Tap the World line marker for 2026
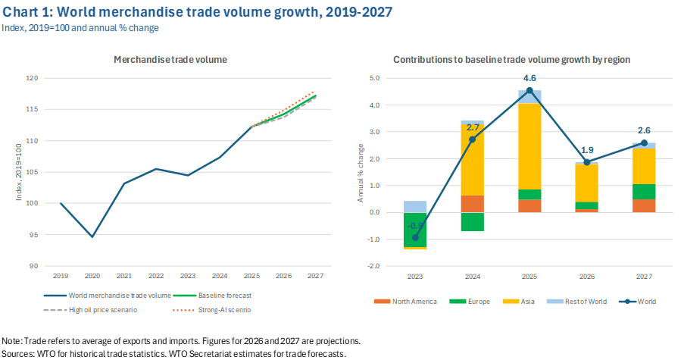(586, 162)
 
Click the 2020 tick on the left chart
(92, 276)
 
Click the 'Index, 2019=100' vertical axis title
(18, 172)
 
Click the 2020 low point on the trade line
(92, 236)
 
